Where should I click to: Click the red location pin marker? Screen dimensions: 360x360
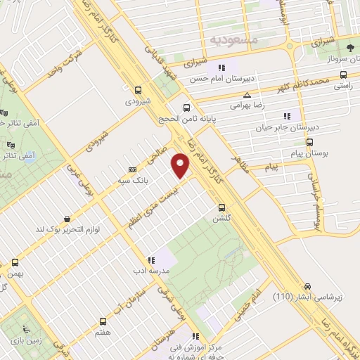[x=181, y=167]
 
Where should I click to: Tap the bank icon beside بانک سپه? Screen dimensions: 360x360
[x=132, y=169]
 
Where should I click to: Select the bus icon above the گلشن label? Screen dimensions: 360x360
[x=221, y=207]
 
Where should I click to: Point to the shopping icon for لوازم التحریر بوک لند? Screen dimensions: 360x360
[x=67, y=219]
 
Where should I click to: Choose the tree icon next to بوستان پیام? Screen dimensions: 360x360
[x=309, y=140]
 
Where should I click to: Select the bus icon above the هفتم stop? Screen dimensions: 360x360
[x=105, y=320]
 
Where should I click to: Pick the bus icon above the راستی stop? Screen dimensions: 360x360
[x=342, y=73]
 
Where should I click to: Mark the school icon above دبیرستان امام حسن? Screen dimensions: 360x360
[x=221, y=67]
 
